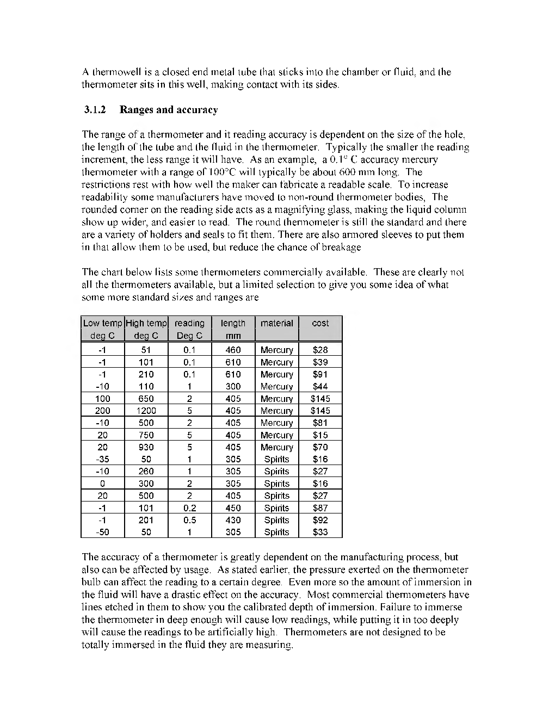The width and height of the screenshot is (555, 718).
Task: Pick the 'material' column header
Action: (x=276, y=323)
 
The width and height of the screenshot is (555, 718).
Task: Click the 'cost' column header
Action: (x=320, y=323)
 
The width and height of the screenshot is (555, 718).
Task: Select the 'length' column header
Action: (x=233, y=323)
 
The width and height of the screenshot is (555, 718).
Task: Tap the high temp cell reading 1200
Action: (x=146, y=411)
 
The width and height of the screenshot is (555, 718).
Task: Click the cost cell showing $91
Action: (x=320, y=374)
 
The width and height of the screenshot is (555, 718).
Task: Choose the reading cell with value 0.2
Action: (x=189, y=508)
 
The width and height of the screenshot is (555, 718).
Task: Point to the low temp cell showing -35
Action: (x=102, y=459)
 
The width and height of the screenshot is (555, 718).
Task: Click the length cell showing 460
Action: (x=233, y=350)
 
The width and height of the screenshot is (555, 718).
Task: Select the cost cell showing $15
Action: (x=320, y=435)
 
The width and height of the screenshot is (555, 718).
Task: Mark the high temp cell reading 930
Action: (x=146, y=447)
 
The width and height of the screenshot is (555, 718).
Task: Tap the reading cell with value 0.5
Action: (x=189, y=520)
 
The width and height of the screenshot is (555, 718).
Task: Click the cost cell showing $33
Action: (x=320, y=532)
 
